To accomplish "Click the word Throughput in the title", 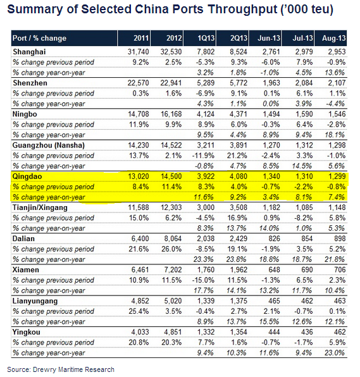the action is [242, 10].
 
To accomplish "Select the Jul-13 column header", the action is [303, 38].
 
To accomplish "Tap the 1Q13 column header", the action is [206, 38].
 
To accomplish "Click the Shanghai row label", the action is [29, 52].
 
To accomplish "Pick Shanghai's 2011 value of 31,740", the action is [139, 52].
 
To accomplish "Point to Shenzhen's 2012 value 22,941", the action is [171, 83].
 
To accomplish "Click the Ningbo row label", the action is [25, 114].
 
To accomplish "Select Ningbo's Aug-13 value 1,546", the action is [337, 114].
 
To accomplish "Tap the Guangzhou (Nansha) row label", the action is [48, 145].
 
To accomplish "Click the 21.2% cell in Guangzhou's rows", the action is [237, 156].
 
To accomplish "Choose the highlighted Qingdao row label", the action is [27, 176].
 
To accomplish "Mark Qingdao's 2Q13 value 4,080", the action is [239, 176].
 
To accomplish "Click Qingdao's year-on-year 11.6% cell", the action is [204, 197].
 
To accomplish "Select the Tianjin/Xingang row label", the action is [40, 207].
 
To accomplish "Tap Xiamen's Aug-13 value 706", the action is [339, 269].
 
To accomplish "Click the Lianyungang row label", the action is [35, 301].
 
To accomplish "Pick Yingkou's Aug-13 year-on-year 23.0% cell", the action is [335, 353].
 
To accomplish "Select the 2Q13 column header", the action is [239, 38].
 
